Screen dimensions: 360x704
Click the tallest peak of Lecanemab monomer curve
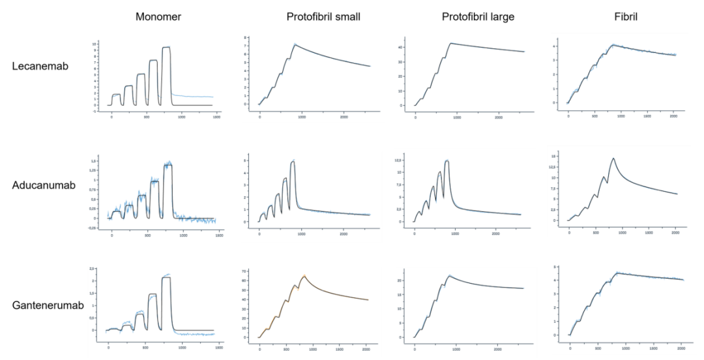coord(166,47)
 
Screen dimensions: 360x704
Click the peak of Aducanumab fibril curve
coord(613,158)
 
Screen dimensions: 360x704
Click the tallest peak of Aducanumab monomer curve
coord(168,163)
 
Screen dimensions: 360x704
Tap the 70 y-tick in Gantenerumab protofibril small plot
coord(243,271)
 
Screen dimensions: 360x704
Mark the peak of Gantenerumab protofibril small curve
coord(304,276)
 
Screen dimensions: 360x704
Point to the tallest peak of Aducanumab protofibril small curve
coord(293,161)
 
